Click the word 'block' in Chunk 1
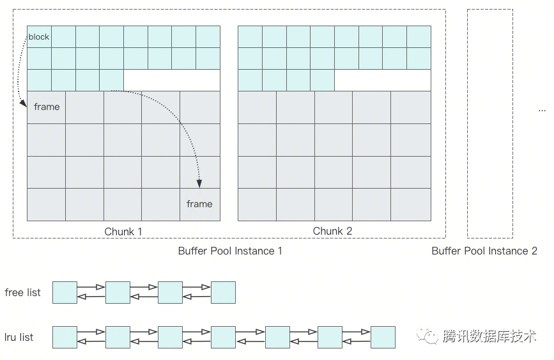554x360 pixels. click(39, 37)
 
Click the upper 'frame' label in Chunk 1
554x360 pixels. click(47, 107)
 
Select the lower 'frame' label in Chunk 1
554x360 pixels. click(199, 204)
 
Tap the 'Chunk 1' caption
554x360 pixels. click(123, 231)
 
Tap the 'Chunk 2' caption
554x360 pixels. click(332, 231)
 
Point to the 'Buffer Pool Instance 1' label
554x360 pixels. click(230, 251)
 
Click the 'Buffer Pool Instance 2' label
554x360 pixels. click(484, 251)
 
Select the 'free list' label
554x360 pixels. click(22, 293)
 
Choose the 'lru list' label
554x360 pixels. click(19, 337)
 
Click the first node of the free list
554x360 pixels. click(65, 292)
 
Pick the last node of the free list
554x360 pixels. click(223, 292)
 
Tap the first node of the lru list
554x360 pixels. click(65, 337)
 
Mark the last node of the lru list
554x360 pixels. click(383, 337)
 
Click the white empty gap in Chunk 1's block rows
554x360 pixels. click(171, 80)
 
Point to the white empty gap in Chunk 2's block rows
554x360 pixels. click(382, 80)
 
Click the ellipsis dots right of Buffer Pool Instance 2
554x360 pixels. click(542, 110)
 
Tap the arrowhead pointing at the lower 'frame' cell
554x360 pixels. click(199, 184)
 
